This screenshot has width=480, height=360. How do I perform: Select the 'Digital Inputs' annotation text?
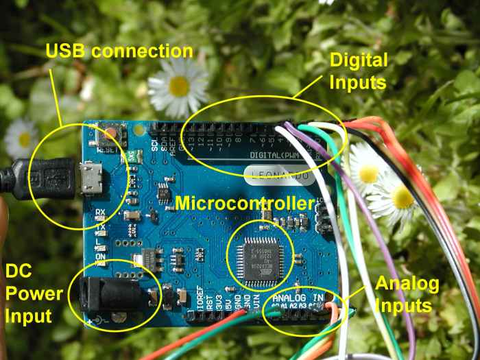(x=359, y=71)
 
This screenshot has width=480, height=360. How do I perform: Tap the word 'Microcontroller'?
(x=245, y=204)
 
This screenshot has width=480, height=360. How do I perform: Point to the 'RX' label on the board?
(x=99, y=212)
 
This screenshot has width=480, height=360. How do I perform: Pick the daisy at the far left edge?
(x=21, y=137)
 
